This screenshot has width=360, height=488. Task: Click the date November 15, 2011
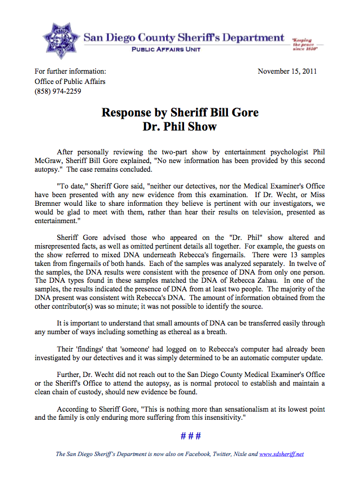click(x=287, y=71)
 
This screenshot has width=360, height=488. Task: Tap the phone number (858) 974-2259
click(x=57, y=91)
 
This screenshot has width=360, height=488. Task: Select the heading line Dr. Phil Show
click(x=180, y=127)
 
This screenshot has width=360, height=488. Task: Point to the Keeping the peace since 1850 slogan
click(x=305, y=44)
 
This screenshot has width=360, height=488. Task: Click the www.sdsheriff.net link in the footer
click(x=282, y=454)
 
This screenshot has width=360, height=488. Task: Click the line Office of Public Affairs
click(x=70, y=81)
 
